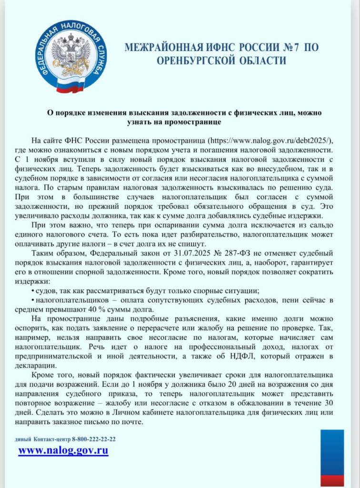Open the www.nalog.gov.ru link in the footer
[63, 450]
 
